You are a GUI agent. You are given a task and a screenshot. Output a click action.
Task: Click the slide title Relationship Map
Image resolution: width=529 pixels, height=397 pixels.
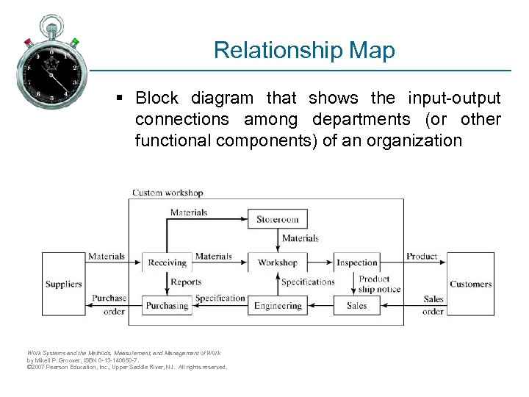(304, 50)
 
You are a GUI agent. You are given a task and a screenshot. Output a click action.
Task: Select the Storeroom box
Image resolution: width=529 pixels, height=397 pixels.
(277, 219)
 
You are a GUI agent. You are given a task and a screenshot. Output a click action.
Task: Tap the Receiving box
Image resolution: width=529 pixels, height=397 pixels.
(168, 262)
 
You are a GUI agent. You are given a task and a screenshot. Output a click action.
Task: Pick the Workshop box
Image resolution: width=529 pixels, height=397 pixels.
(277, 262)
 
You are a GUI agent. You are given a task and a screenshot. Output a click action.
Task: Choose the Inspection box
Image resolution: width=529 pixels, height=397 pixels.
(356, 262)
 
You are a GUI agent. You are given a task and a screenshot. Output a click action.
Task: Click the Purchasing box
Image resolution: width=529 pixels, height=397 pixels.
(168, 306)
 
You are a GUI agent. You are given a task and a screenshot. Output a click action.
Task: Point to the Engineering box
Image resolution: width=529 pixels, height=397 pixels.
(277, 306)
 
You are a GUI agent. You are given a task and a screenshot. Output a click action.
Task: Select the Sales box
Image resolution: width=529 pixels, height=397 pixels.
(356, 306)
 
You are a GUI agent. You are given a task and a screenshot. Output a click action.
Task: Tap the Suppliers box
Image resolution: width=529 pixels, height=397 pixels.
(64, 284)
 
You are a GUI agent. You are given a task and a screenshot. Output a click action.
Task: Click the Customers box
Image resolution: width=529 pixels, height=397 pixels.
(470, 284)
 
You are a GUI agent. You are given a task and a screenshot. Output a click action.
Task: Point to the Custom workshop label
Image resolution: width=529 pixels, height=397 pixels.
(168, 193)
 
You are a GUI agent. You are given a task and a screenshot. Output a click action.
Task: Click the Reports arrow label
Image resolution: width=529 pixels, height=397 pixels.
(186, 282)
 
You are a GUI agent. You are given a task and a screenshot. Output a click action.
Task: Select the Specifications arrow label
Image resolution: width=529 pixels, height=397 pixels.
(308, 282)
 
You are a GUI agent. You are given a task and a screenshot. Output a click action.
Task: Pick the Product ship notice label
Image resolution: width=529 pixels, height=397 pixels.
(379, 284)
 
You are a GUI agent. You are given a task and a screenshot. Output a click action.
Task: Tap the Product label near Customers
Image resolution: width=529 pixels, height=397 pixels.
(422, 256)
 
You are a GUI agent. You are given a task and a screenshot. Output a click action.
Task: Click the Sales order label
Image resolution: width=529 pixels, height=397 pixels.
(433, 305)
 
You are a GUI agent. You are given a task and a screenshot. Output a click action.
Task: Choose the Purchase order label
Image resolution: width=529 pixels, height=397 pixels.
(109, 304)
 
